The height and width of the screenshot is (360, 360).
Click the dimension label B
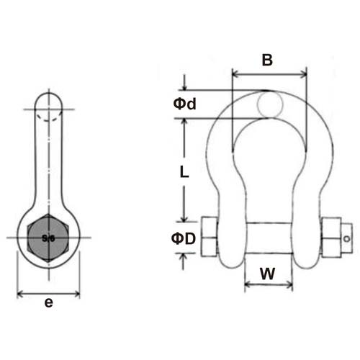[x=267, y=60]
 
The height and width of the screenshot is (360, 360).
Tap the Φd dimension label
[x=184, y=104]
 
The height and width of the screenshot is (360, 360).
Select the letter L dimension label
[x=184, y=172]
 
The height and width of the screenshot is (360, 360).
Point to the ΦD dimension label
[x=184, y=239]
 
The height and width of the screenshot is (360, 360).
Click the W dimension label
[x=268, y=274]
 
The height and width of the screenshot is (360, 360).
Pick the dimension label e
[x=49, y=302]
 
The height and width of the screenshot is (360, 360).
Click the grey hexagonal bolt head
[x=48, y=238]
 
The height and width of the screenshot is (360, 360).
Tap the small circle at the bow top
[x=270, y=104]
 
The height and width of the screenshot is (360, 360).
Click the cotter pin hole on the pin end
[x=346, y=239]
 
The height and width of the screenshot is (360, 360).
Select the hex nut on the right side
[x=331, y=237]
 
